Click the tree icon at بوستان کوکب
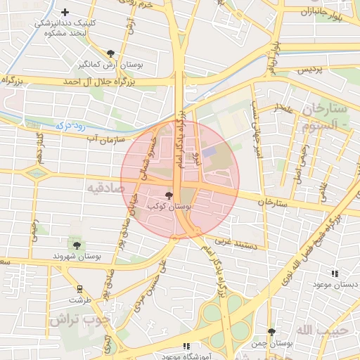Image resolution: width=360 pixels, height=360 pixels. (x=168, y=195)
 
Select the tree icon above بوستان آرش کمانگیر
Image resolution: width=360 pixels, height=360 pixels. (x=110, y=53)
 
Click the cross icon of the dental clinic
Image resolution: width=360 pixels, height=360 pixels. (x=65, y=12)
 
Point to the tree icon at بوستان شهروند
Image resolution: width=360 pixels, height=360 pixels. (x=77, y=245)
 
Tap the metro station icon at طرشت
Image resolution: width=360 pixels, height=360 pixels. (x=79, y=288)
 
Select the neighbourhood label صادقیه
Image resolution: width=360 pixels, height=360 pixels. (x=105, y=188)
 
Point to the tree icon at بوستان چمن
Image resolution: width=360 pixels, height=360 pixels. (x=271, y=331)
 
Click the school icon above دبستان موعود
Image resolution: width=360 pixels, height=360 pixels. (x=335, y=274)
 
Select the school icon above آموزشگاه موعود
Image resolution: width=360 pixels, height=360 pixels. (x=186, y=345)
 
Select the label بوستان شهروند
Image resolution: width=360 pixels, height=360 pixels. (x=77, y=257)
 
